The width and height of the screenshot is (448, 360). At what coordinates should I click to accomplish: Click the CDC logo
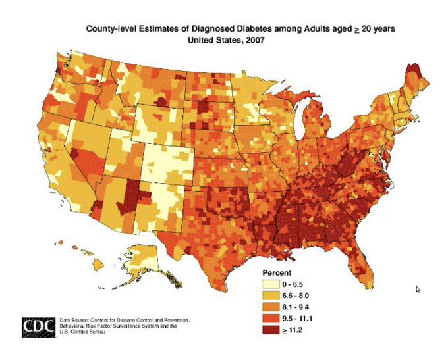[x=38, y=326]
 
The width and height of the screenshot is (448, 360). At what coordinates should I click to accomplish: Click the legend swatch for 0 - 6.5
[x=268, y=283]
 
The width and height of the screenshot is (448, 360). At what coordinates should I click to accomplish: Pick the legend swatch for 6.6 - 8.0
[x=268, y=295]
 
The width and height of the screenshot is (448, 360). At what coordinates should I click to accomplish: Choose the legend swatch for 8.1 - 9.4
[x=268, y=306]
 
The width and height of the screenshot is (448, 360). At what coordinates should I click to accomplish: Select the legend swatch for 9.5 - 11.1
[x=268, y=317]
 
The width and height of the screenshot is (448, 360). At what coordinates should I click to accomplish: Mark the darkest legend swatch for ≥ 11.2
[x=268, y=329]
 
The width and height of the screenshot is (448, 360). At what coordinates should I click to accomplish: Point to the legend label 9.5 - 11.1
[x=299, y=318]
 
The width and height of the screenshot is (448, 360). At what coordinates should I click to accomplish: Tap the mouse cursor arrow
[x=418, y=288]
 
